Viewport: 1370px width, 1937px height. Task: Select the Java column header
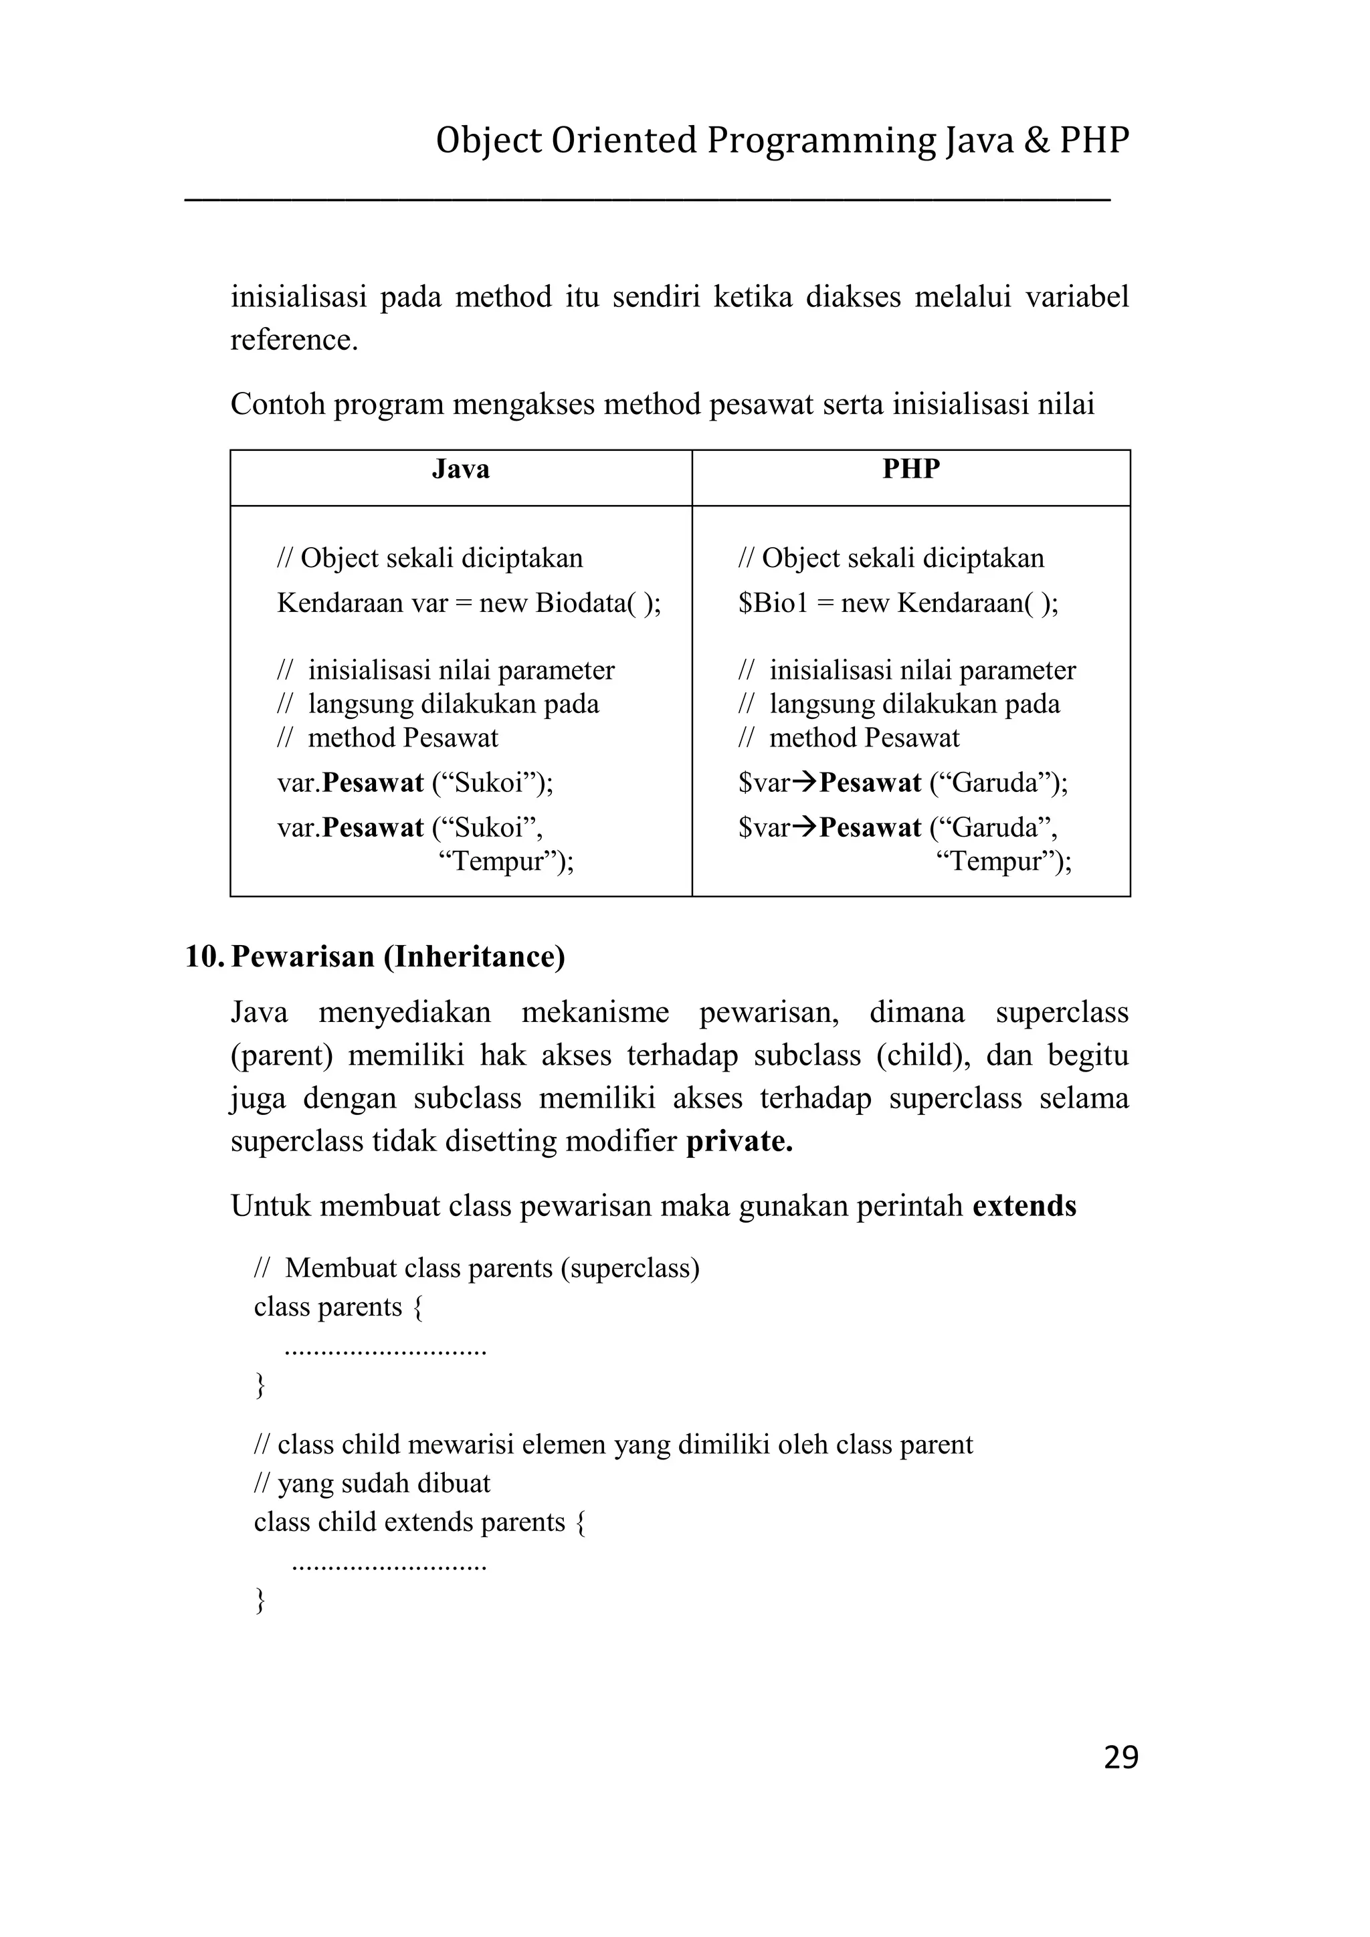click(461, 469)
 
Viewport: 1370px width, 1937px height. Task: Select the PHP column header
click(910, 469)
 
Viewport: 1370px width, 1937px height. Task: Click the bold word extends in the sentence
click(1024, 1207)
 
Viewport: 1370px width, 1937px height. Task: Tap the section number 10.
click(203, 956)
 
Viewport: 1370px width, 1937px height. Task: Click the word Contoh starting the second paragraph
click(278, 405)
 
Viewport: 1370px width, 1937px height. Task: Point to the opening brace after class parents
click(417, 1308)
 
